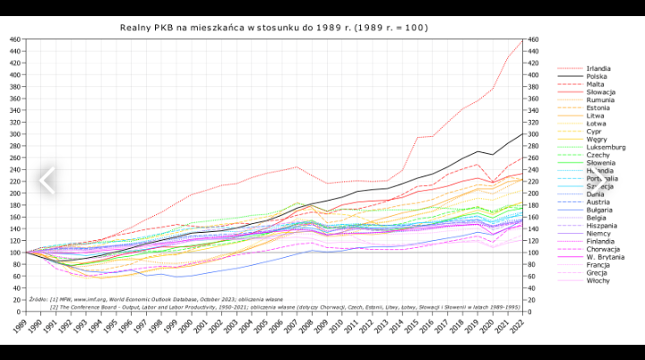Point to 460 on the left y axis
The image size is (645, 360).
15,39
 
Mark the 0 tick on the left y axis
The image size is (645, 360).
20,311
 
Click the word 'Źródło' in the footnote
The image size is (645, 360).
39,299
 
